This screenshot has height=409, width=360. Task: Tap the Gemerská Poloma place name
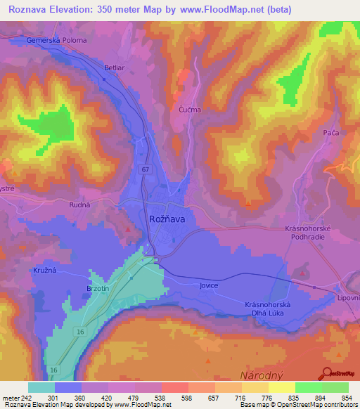coord(56,40)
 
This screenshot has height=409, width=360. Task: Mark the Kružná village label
coord(44,270)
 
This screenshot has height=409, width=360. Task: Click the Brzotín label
coord(97,289)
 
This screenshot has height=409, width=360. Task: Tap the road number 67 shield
coord(145,169)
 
